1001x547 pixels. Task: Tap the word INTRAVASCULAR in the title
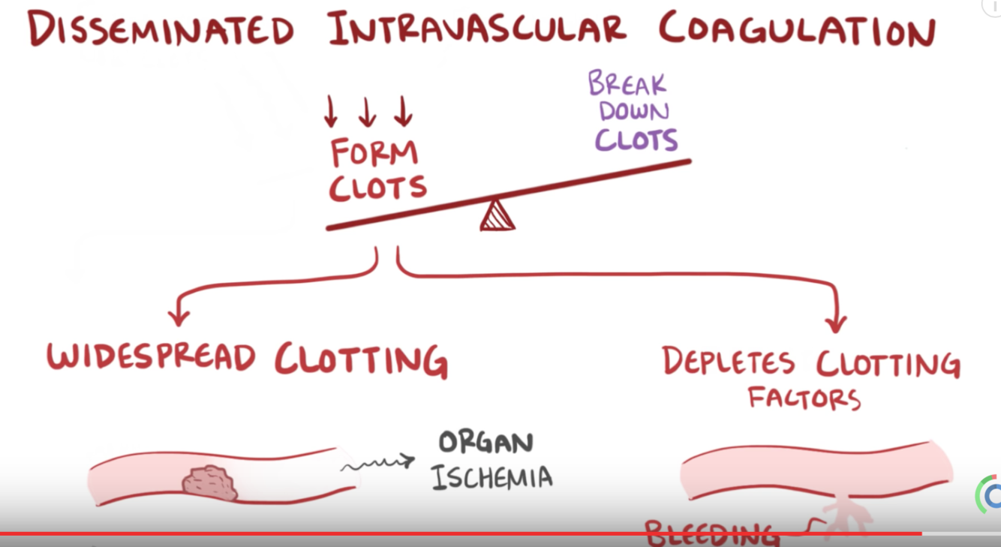point(476,30)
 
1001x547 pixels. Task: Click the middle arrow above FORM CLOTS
point(367,112)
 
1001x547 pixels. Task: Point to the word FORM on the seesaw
point(374,153)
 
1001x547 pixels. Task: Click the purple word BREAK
point(627,83)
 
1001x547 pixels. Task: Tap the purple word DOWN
point(634,112)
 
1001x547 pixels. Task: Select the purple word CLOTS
point(636,140)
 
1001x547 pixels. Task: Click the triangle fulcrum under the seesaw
point(497,216)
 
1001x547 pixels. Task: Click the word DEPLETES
point(728,362)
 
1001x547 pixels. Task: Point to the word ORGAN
point(485,443)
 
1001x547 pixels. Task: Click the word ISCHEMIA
point(491,476)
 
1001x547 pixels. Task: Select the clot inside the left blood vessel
point(210,482)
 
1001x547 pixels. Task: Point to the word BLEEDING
point(710,534)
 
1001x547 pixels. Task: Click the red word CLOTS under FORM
point(377,188)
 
